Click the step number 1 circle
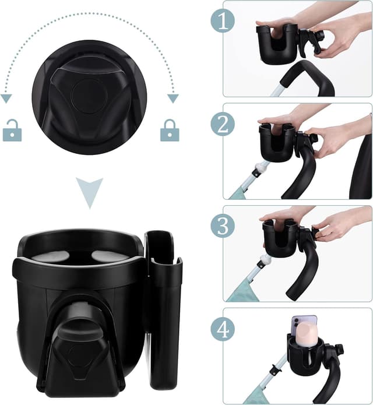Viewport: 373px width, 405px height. pos(223,21)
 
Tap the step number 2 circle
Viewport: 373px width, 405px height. pos(223,124)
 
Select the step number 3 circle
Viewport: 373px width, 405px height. pos(223,226)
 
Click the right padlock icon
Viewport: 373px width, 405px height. pos(169,131)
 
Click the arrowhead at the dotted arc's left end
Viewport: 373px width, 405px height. pos(6,98)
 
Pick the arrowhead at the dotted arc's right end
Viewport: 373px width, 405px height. pos(173,98)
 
